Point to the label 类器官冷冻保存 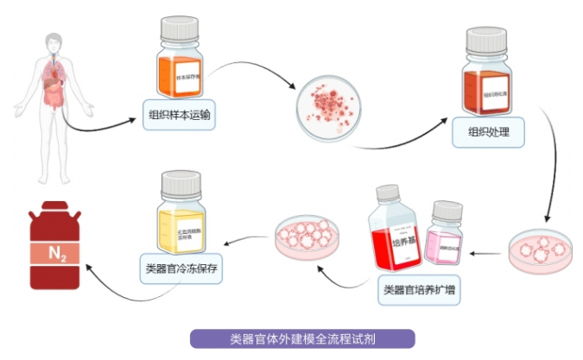[x=181, y=268]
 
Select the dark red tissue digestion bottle [x=490, y=82]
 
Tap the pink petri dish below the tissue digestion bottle [x=538, y=250]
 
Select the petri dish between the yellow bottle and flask [x=302, y=237]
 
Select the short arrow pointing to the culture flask [x=490, y=253]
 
